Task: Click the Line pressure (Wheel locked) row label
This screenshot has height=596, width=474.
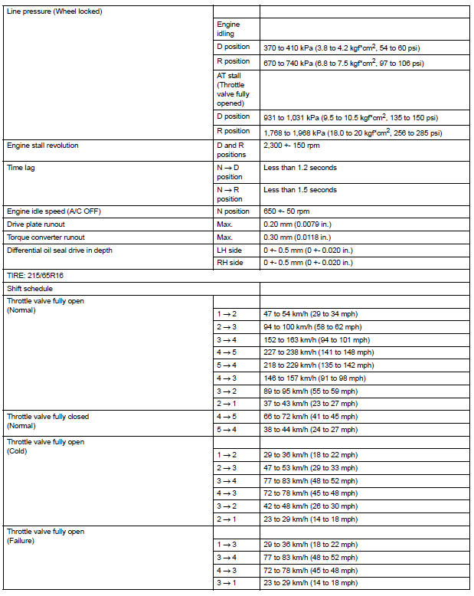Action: click(54, 11)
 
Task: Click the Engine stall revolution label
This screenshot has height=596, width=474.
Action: click(42, 145)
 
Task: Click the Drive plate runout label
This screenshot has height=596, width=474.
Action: click(35, 224)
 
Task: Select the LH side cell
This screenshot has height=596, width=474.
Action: click(231, 250)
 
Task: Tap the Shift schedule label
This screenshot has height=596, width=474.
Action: click(29, 288)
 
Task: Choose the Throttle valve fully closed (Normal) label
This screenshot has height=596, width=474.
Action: click(47, 421)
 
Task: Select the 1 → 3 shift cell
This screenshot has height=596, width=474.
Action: click(227, 545)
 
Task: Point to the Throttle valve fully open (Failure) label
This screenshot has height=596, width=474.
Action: click(45, 536)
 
